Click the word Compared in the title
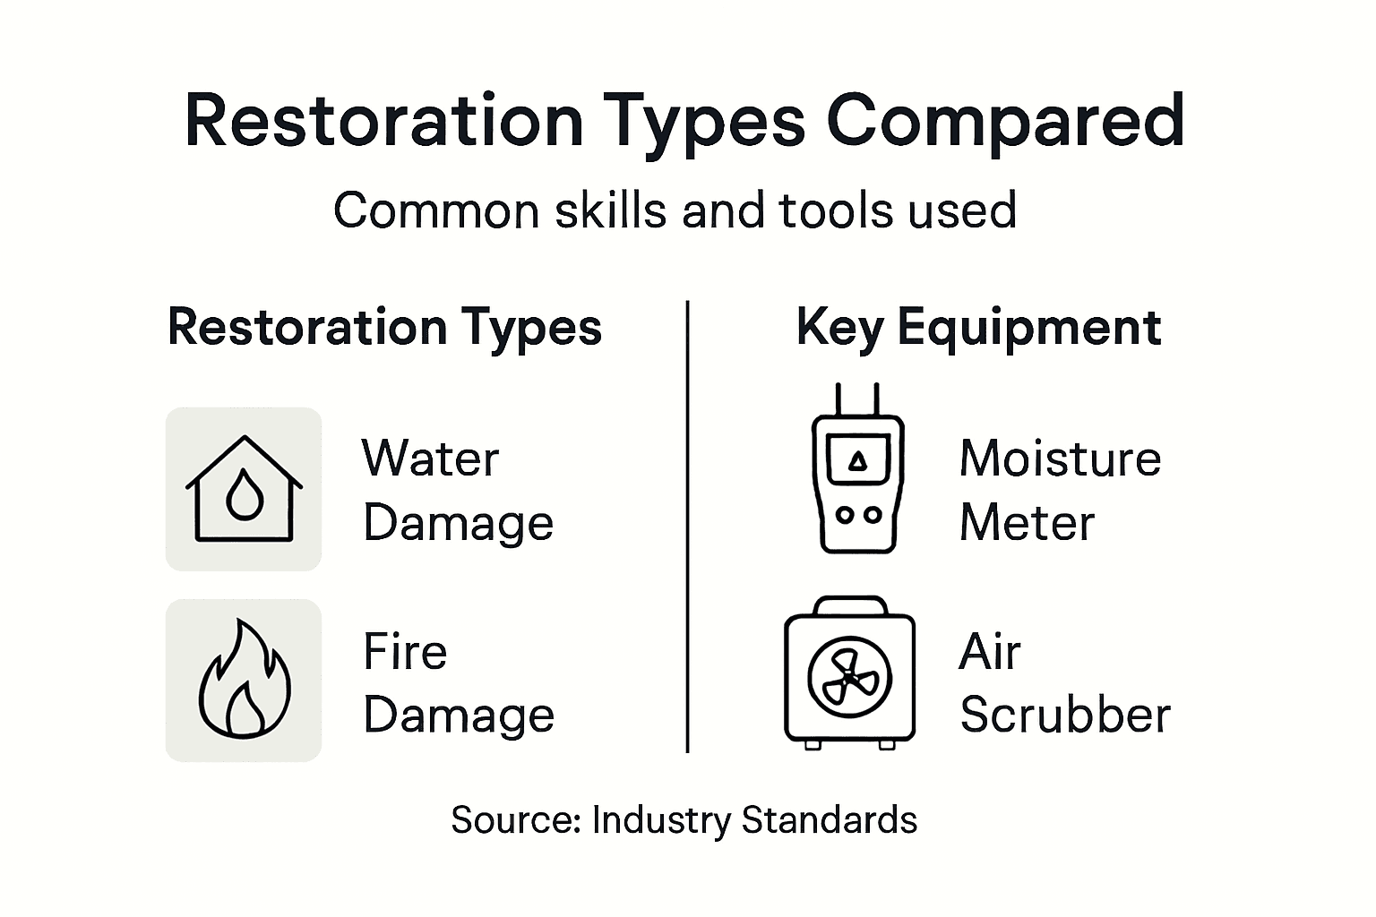coord(1005,123)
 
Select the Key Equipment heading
coord(978,327)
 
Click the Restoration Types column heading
coord(384,327)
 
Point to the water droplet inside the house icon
coord(244,496)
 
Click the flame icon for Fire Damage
coord(244,681)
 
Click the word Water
coord(430,458)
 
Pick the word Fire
coord(405,651)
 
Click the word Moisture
coord(1060,458)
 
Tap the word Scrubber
coord(1065,716)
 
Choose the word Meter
coord(1027,523)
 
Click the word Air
coord(990,651)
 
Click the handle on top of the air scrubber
coord(849,604)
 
